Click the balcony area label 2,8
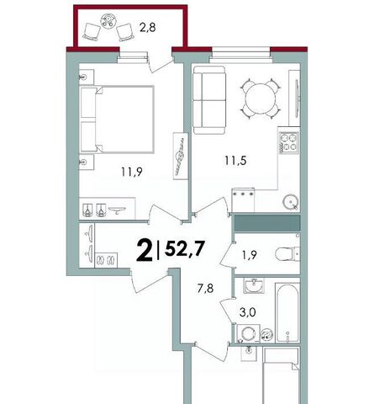click(x=148, y=28)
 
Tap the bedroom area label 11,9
click(x=132, y=171)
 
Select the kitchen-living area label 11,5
click(x=235, y=161)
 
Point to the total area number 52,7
click(x=185, y=248)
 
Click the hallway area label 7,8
click(x=205, y=288)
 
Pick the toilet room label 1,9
click(x=250, y=255)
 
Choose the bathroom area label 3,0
click(x=248, y=312)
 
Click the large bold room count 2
click(x=145, y=252)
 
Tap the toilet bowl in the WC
click(x=287, y=254)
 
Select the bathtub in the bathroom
click(x=287, y=313)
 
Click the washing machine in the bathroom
click(x=249, y=334)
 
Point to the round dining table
click(x=261, y=98)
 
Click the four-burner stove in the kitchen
click(x=288, y=143)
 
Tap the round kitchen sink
click(x=291, y=201)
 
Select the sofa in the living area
click(x=209, y=100)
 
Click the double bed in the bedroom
click(x=117, y=120)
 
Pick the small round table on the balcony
click(x=107, y=21)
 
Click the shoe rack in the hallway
click(x=107, y=260)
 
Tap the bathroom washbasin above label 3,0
click(x=254, y=286)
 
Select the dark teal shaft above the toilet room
click(x=267, y=223)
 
